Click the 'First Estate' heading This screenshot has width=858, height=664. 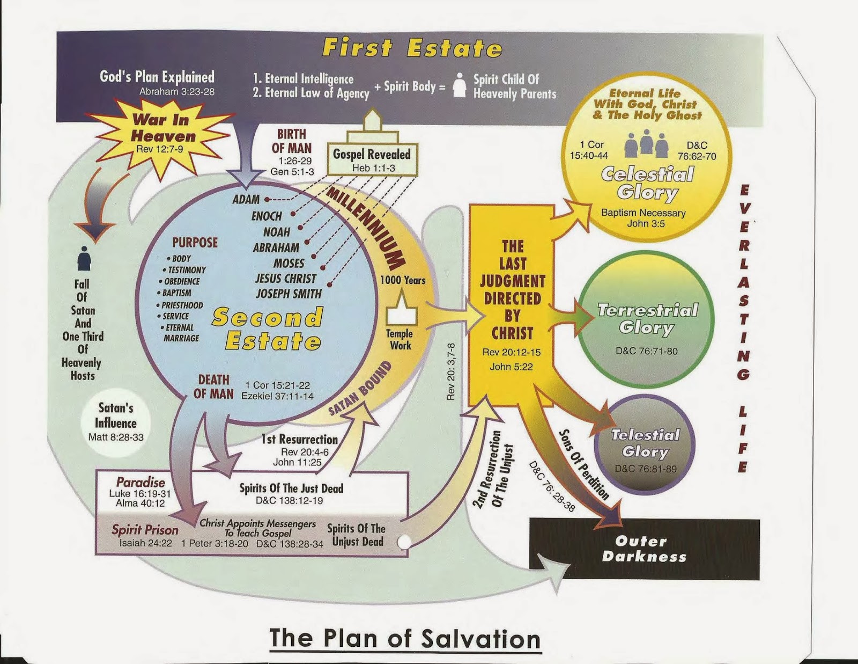click(412, 48)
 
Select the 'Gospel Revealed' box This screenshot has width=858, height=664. click(372, 159)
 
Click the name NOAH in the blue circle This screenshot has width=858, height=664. click(277, 231)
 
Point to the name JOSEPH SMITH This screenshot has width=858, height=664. click(289, 294)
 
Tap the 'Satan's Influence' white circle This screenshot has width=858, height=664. click(116, 422)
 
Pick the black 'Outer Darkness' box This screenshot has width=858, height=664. click(645, 549)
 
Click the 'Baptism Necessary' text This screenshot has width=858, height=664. click(643, 213)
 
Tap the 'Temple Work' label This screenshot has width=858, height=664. click(401, 339)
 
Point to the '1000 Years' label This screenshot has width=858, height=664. click(403, 280)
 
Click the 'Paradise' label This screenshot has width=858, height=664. click(140, 482)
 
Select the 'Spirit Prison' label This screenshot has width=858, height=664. click(144, 530)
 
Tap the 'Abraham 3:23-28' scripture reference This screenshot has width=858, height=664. click(177, 92)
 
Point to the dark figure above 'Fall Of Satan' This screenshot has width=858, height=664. click(84, 259)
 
